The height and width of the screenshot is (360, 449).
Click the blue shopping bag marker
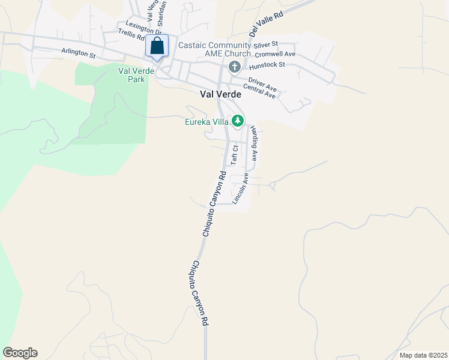pyautogui.click(x=157, y=46)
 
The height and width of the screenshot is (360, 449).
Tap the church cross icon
pyautogui.click(x=234, y=66)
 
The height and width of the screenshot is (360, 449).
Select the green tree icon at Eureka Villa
pyautogui.click(x=238, y=121)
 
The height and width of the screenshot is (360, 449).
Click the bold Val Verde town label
pyautogui.click(x=220, y=94)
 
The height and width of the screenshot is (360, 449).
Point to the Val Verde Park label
pyautogui.click(x=131, y=74)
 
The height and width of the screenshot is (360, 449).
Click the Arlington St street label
pyautogui.click(x=78, y=53)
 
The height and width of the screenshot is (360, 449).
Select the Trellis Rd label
pyautogui.click(x=131, y=34)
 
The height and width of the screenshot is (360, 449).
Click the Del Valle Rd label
pyautogui.click(x=265, y=23)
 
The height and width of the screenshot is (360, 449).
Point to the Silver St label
pyautogui.click(x=266, y=44)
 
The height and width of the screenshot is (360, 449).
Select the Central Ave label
pyautogui.click(x=259, y=92)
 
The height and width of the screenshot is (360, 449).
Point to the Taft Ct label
pyautogui.click(x=235, y=155)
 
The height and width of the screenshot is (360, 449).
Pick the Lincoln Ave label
pyautogui.click(x=240, y=190)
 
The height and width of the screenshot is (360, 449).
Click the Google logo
pyautogui.click(x=20, y=353)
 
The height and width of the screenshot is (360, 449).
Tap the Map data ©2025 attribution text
pyautogui.click(x=423, y=355)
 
